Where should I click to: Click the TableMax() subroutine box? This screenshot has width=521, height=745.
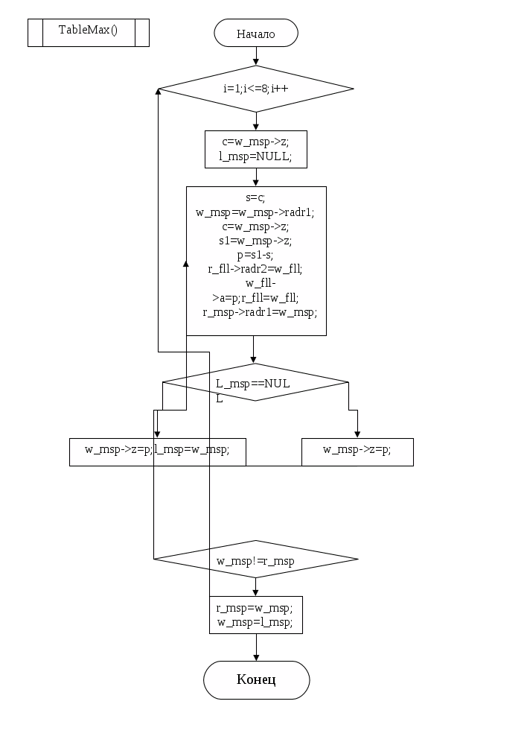pyautogui.click(x=89, y=33)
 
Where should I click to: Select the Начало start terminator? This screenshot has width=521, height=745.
pyautogui.click(x=256, y=34)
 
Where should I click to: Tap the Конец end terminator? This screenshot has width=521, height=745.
pyautogui.click(x=256, y=679)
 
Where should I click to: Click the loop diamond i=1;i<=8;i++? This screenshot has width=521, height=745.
pyautogui.click(x=256, y=88)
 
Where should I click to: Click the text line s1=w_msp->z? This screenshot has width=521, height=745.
pyautogui.click(x=255, y=241)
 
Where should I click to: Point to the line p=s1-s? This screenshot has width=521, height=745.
pyautogui.click(x=255, y=255)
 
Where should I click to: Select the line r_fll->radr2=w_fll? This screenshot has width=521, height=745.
pyautogui.click(x=255, y=269)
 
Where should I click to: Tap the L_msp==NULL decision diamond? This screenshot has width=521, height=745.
pyautogui.click(x=255, y=383)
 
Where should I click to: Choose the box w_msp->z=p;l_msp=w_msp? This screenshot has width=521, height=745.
pyautogui.click(x=157, y=450)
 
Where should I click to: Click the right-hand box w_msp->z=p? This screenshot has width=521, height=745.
pyautogui.click(x=357, y=450)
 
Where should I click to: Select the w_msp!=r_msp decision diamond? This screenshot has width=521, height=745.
pyautogui.click(x=255, y=559)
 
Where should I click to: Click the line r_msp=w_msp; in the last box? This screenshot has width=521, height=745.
pyautogui.click(x=255, y=608)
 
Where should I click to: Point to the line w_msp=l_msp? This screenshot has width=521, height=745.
pyautogui.click(x=255, y=621)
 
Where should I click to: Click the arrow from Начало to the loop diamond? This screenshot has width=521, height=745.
pyautogui.click(x=256, y=57)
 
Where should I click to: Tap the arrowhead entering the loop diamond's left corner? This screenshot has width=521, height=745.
pyautogui.click(x=159, y=90)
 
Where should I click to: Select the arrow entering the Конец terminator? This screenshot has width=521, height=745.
pyautogui.click(x=256, y=648)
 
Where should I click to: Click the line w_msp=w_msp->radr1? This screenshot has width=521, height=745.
pyautogui.click(x=255, y=212)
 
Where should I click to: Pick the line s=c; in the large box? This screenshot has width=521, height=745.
pyautogui.click(x=255, y=198)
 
